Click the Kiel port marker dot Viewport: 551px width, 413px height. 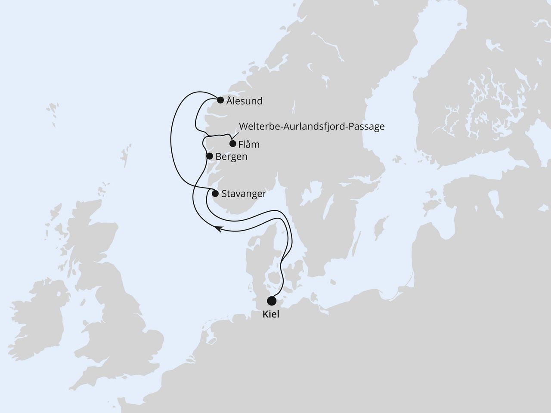click(272, 300)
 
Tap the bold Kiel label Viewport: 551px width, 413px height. click(271, 314)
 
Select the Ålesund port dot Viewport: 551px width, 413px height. click(220, 100)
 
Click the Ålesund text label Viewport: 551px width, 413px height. click(245, 102)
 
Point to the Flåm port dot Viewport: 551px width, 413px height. click(233, 144)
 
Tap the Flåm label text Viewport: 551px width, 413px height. click(249, 145)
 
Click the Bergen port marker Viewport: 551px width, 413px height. click(210, 156)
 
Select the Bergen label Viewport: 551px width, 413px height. click(231, 157)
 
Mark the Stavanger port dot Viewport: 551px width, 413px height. click(215, 193)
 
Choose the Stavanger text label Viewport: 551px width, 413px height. click(243, 194)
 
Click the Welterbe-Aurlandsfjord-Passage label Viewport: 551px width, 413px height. click(311, 127)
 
